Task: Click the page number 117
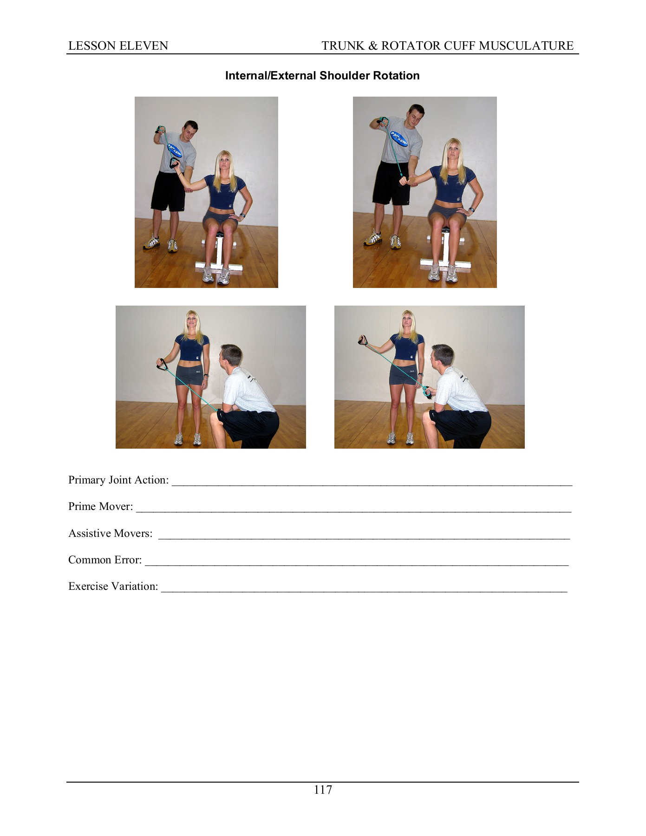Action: pyautogui.click(x=323, y=790)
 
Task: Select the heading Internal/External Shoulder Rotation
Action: pyautogui.click(x=322, y=76)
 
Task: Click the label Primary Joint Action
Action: pyautogui.click(x=118, y=480)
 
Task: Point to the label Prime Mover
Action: pyautogui.click(x=100, y=506)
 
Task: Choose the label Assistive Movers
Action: pyautogui.click(x=110, y=533)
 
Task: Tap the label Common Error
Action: pyautogui.click(x=105, y=560)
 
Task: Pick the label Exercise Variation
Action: pyautogui.click(x=113, y=586)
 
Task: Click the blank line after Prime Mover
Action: pyautogui.click(x=353, y=510)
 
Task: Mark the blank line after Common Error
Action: pyautogui.click(x=357, y=564)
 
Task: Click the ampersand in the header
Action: pyautogui.click(x=373, y=46)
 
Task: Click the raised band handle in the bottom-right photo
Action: pyautogui.click(x=363, y=341)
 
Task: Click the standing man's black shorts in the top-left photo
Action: pyautogui.click(x=168, y=191)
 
